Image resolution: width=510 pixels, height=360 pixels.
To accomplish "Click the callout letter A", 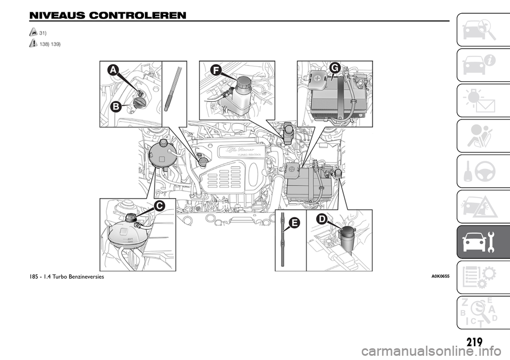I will pyautogui.click(x=113, y=70).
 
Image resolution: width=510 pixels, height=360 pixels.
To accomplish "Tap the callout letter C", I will pyautogui.click(x=159, y=205).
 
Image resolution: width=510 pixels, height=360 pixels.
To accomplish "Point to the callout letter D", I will pyautogui.click(x=322, y=219).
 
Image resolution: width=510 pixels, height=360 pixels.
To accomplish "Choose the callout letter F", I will pyautogui.click(x=216, y=70).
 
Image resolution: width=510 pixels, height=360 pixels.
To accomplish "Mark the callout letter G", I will pyautogui.click(x=334, y=67).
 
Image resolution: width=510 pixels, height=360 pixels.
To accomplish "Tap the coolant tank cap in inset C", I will pyautogui.click(x=132, y=217).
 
